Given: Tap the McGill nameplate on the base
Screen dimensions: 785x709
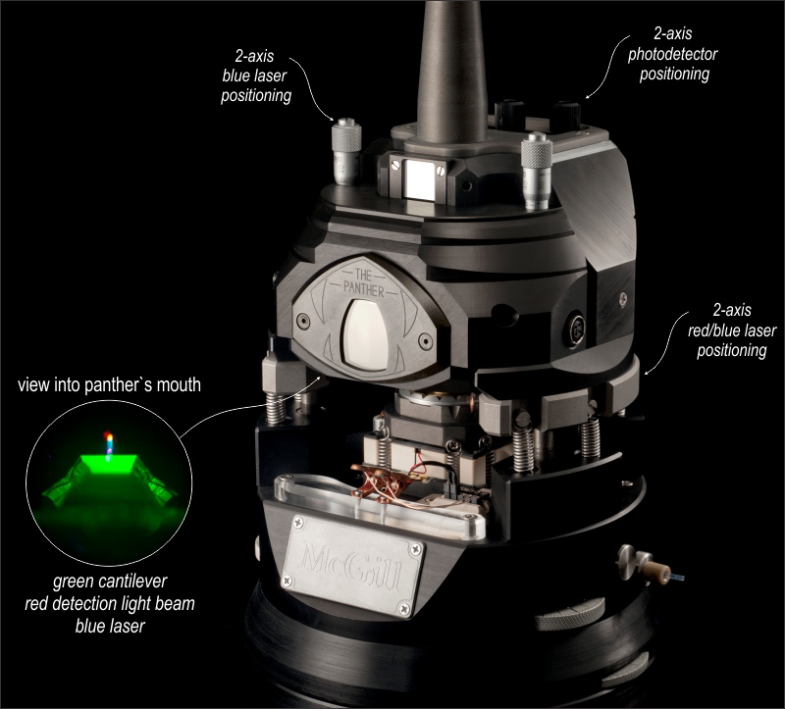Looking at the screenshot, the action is point(353,566).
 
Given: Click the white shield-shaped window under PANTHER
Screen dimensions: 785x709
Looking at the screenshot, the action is point(366,334).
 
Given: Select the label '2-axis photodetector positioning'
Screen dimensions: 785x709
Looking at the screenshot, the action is point(673,54).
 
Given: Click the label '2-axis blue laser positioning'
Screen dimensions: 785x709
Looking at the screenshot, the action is point(256,76).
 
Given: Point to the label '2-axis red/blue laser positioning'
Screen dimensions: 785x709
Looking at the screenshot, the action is point(732,329).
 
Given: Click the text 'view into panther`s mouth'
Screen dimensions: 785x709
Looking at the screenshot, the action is point(109,384).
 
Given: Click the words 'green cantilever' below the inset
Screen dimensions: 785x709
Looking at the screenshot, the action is point(110,582).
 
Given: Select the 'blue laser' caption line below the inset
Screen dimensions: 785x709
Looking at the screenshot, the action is point(110,626).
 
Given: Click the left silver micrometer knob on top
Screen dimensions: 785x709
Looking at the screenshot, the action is point(346,151).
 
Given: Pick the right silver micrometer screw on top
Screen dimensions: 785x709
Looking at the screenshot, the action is point(536,170).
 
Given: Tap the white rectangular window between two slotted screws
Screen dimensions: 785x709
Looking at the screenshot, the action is point(419,179).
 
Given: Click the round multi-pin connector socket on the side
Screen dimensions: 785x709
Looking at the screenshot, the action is point(575,329).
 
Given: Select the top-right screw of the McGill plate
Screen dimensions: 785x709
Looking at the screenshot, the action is point(415,549).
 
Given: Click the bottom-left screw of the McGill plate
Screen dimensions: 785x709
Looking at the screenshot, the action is point(288,581).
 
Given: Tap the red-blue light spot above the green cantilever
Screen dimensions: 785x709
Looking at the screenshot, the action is point(109,444).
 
